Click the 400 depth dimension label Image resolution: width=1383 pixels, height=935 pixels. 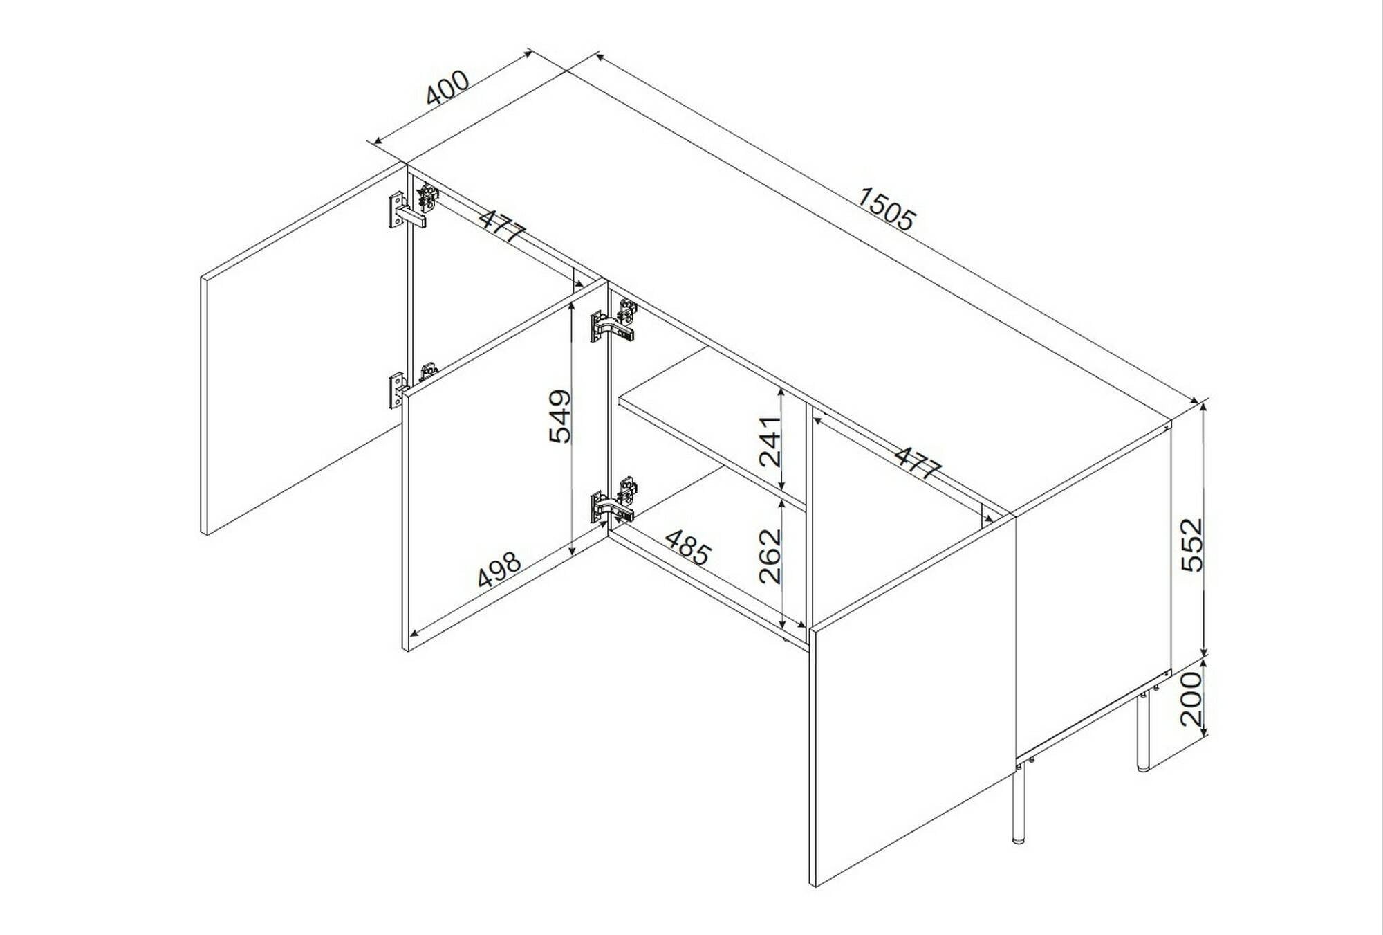click(x=447, y=87)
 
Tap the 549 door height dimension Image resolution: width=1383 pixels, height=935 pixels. click(x=560, y=416)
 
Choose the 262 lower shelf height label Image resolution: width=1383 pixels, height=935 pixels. click(x=769, y=556)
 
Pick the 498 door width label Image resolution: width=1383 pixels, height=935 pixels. click(x=499, y=570)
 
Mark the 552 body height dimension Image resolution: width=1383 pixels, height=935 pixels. click(x=1192, y=545)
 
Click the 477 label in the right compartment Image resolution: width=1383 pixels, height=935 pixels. click(x=918, y=462)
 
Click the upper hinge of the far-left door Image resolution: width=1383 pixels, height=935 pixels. click(x=414, y=206)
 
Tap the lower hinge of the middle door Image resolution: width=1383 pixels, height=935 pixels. click(x=614, y=500)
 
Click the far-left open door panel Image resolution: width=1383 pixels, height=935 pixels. click(x=302, y=350)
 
